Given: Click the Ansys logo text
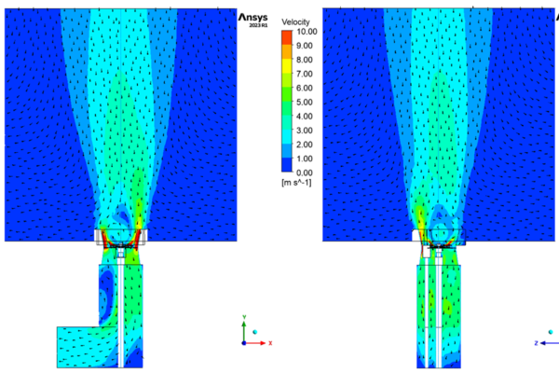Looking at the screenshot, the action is (x=253, y=17).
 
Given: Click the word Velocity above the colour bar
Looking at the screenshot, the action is (x=295, y=22).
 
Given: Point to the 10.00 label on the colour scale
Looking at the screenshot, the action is (x=307, y=32).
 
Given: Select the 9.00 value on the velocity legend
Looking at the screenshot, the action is (x=304, y=46).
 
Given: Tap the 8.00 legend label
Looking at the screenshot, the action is (x=304, y=60).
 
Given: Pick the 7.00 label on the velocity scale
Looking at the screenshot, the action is (x=304, y=74).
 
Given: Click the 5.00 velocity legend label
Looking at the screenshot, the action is (x=304, y=102).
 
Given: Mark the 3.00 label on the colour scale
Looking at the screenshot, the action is (x=304, y=131).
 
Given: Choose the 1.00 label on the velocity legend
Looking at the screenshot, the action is (x=304, y=159).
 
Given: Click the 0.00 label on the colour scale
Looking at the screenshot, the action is (x=304, y=173).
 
